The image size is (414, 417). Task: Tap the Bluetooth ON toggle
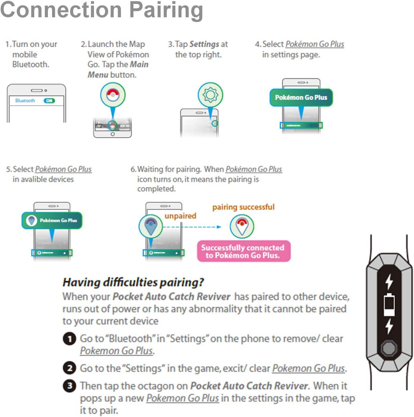[49, 101]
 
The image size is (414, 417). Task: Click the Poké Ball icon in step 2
[113, 95]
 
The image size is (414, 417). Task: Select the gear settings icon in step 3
[210, 95]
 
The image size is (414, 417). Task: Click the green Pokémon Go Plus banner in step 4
[301, 97]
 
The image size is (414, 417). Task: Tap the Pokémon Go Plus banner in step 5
[52, 220]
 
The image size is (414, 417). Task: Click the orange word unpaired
[180, 216]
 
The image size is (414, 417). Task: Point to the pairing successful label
[243, 207]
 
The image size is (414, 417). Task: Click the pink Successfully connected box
[244, 251]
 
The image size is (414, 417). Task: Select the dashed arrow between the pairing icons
[192, 227]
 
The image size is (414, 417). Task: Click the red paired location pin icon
[242, 226]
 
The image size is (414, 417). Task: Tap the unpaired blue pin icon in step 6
[151, 226]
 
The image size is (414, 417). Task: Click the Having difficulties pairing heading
[133, 282]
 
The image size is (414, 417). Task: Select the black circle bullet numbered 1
[69, 339]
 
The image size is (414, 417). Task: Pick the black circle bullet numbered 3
[69, 386]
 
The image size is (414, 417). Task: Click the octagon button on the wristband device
[389, 348]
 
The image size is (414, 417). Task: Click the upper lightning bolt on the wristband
[389, 281]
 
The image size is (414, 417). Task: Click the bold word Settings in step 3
[204, 44]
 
